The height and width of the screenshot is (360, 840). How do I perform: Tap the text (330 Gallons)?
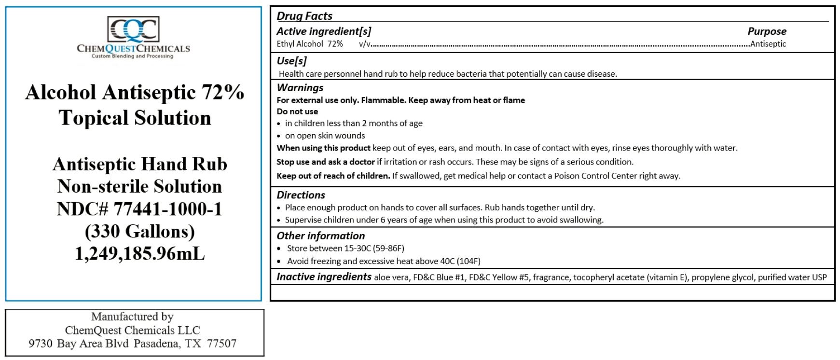click(140, 231)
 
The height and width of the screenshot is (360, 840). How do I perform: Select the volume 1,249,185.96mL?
click(140, 253)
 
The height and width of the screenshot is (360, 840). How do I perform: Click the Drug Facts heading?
click(304, 16)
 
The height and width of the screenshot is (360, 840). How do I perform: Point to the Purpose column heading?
click(767, 31)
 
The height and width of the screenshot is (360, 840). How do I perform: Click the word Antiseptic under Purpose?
click(768, 44)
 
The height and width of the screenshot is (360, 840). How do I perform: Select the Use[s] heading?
click(291, 61)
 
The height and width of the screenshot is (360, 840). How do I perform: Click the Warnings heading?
click(300, 88)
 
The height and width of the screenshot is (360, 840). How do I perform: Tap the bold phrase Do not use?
click(297, 111)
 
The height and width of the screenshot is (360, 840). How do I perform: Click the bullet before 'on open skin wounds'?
click(279, 136)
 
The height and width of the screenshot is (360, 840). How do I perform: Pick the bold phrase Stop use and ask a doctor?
click(326, 162)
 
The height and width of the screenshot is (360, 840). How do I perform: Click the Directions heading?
click(301, 195)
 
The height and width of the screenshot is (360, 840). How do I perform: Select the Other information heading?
click(320, 236)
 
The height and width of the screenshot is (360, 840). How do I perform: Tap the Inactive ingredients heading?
click(324, 277)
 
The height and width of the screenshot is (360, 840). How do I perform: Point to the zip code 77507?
click(221, 344)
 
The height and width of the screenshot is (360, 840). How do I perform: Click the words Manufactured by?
click(132, 317)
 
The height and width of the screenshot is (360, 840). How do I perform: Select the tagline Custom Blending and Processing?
click(133, 56)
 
